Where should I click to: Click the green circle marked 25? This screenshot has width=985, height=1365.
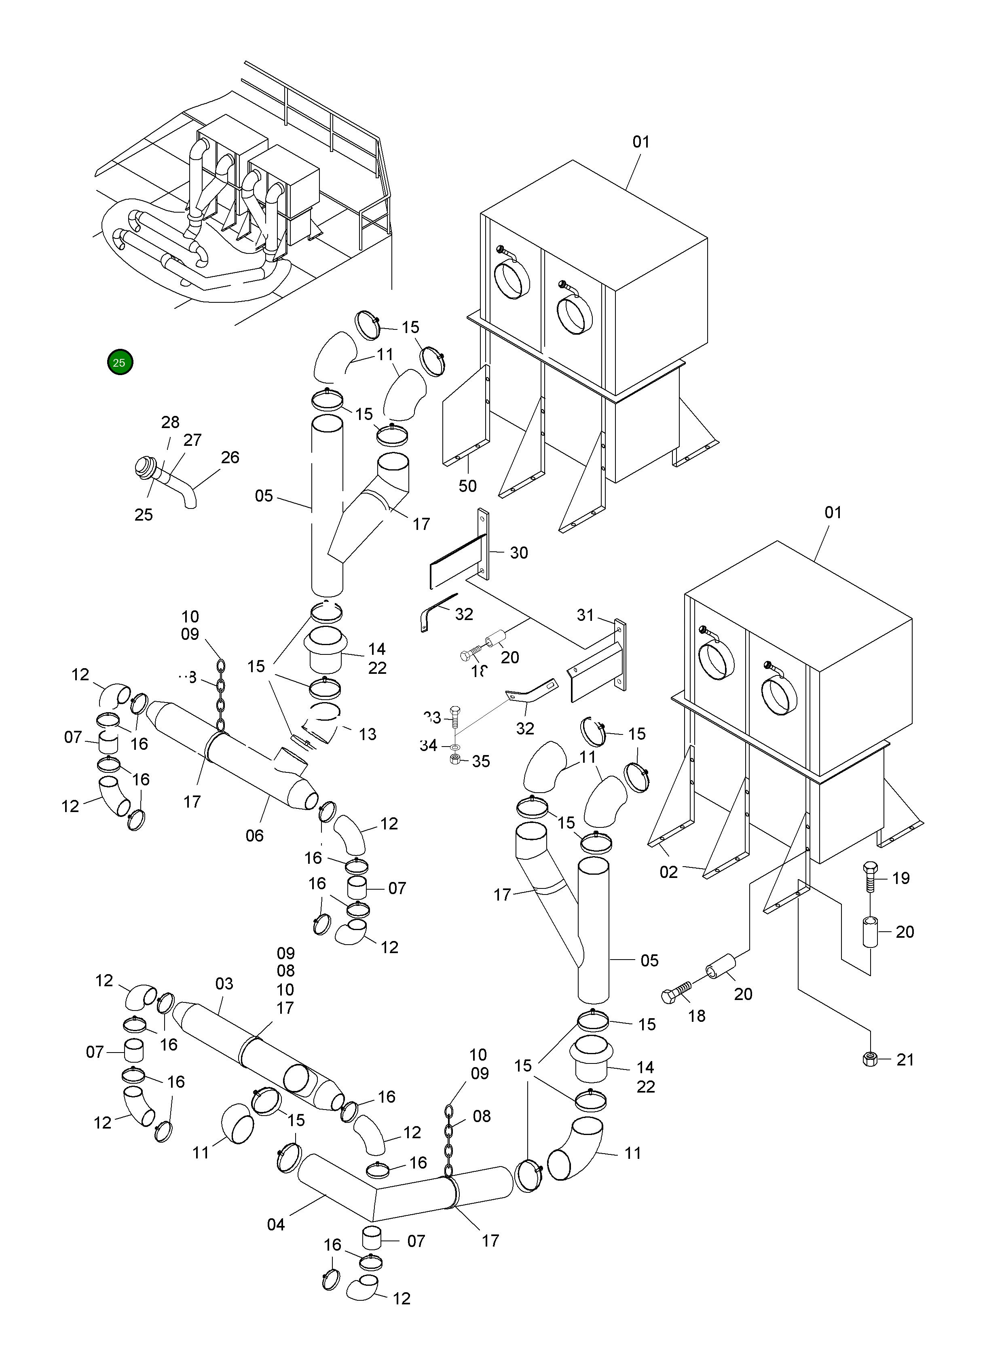point(119,362)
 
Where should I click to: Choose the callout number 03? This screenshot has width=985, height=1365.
point(224,983)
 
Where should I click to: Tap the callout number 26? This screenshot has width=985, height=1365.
point(230,458)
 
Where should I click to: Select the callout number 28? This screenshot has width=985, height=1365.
point(170,422)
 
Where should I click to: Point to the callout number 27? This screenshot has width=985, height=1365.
point(192,440)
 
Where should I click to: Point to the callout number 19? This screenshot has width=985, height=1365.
point(901,878)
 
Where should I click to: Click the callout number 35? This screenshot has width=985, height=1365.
point(480,762)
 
